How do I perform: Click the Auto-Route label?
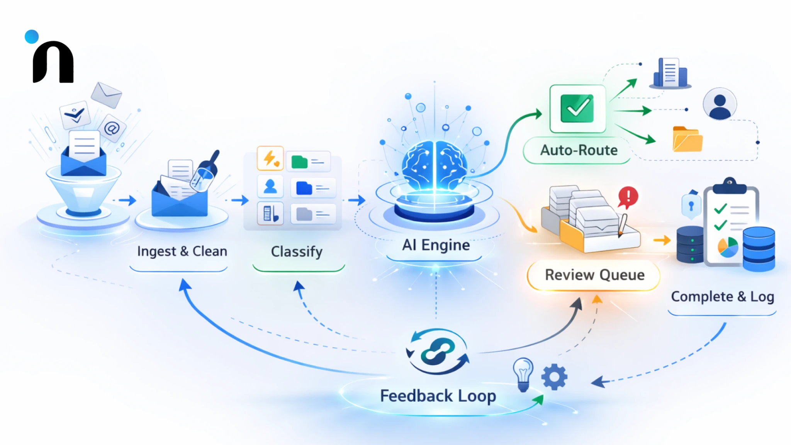[x=578, y=150]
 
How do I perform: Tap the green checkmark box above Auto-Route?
[x=577, y=109]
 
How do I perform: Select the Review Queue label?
[x=594, y=275]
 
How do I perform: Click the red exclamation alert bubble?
[x=628, y=197]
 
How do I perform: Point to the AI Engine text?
[x=436, y=245]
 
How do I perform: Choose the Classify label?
[x=297, y=251]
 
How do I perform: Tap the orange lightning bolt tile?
[x=270, y=158]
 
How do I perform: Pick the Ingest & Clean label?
[x=182, y=251]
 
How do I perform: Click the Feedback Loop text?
[x=438, y=396]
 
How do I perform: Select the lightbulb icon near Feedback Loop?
[x=523, y=374]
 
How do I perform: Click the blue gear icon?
[x=554, y=377]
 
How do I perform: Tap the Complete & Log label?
[x=722, y=297]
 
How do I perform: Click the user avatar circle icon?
[x=720, y=104]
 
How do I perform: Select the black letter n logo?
[x=53, y=63]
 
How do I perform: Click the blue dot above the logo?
[x=32, y=37]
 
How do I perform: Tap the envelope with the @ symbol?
[x=112, y=128]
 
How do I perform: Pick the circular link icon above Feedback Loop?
[x=438, y=351]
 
